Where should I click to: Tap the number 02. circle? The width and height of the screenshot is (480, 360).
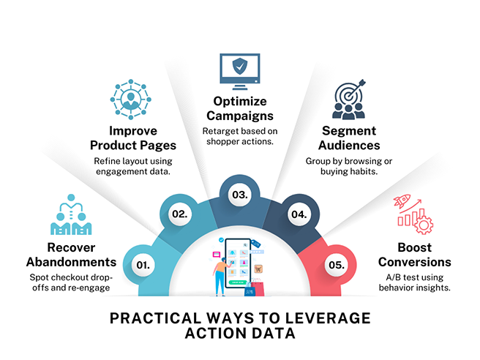(x=181, y=214)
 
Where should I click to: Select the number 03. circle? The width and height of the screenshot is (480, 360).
(x=240, y=195)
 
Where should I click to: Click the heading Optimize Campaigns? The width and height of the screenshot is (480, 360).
(x=240, y=109)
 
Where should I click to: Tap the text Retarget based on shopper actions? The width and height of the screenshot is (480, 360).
(x=240, y=137)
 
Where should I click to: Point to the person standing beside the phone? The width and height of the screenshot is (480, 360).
(x=220, y=275)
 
